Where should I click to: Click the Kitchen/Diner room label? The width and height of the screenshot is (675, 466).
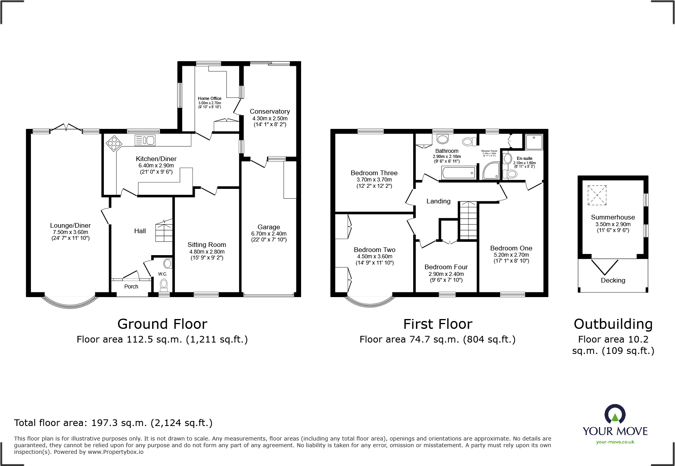[x=156, y=159]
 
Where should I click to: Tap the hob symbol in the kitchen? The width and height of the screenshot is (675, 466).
[x=114, y=143]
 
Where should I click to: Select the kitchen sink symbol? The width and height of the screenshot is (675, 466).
[x=145, y=140]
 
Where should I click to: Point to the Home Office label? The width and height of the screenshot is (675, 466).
[x=209, y=98]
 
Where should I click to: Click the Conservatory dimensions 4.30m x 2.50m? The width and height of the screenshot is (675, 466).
[x=270, y=118]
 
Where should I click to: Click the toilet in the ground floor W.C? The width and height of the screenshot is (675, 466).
[x=164, y=284]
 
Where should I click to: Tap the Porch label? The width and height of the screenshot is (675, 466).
[x=131, y=286]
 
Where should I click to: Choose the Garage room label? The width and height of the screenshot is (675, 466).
[x=269, y=227]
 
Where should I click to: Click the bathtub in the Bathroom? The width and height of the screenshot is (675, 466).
[x=459, y=172]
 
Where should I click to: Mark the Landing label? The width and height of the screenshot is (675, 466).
[x=438, y=201]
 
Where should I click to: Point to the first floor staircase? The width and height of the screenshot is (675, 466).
[x=468, y=220]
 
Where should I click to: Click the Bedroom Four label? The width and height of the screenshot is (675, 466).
[x=446, y=267]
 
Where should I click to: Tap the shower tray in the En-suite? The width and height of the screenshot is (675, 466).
[x=534, y=142]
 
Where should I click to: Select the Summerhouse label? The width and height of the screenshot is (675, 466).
[x=613, y=217]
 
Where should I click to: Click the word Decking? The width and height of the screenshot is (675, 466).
[x=613, y=280]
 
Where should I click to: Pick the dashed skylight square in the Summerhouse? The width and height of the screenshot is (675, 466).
[x=597, y=195]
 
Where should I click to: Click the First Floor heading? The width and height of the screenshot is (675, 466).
[x=437, y=324]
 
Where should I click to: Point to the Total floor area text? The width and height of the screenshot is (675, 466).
[x=113, y=423]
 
